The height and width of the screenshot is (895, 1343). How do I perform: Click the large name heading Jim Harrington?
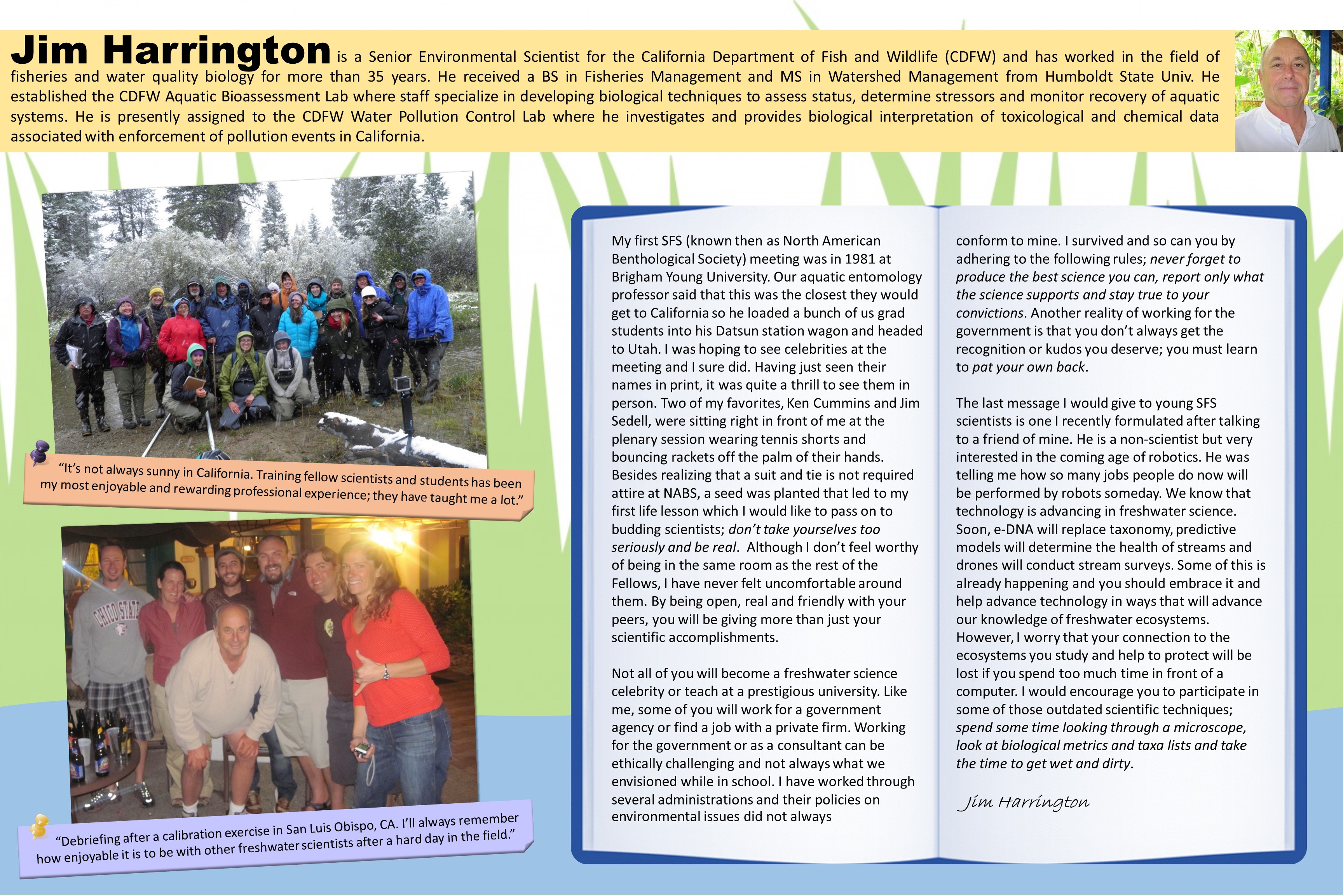coord(171,51)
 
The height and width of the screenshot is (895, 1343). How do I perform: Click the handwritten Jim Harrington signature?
coord(1022,802)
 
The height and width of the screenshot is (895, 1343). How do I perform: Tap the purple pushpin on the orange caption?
coord(40,451)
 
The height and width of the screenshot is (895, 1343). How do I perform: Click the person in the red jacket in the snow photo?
coord(181,337)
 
